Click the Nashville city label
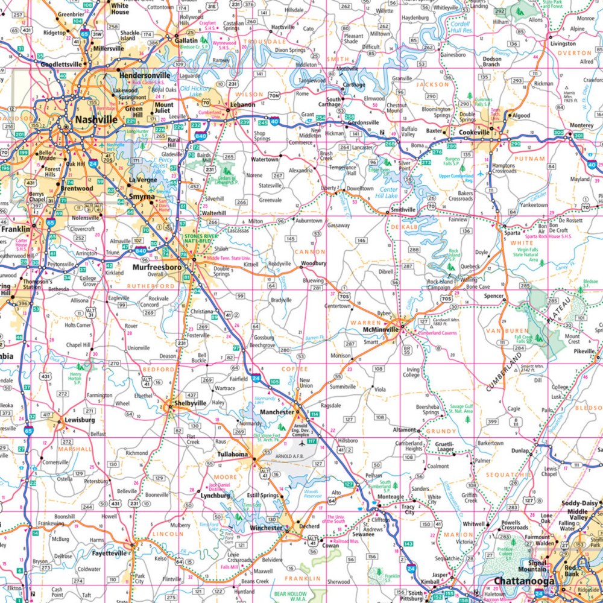tap(96, 119)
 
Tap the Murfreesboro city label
tap(157, 266)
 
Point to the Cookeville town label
tap(476, 132)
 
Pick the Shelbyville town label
tap(186, 403)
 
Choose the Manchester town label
tap(276, 412)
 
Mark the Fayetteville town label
tap(109, 552)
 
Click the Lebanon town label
tap(243, 104)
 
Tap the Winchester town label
tap(265, 528)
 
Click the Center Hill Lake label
tap(387, 192)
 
